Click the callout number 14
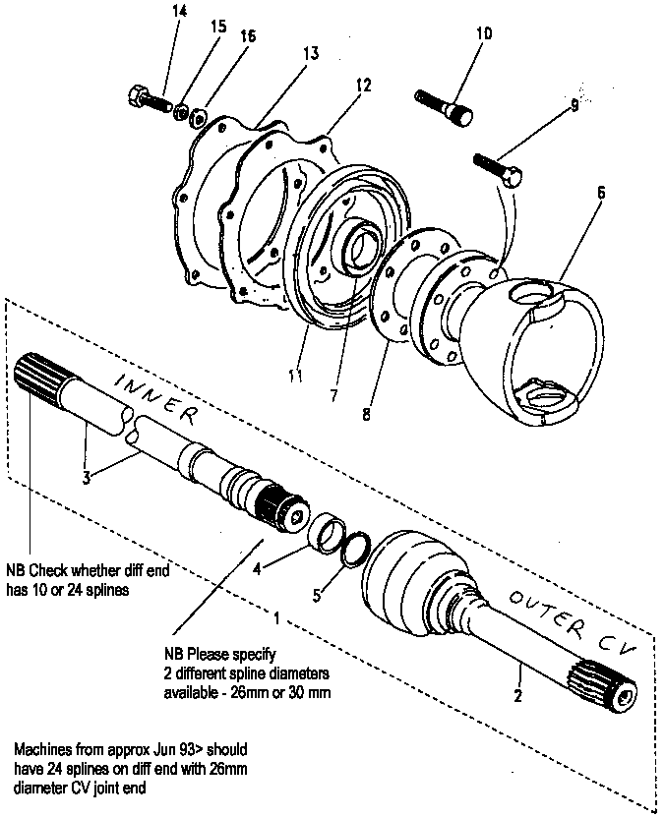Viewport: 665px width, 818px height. [178, 12]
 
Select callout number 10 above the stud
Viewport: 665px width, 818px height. [484, 33]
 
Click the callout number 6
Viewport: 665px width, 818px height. [601, 193]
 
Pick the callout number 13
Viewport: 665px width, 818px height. [311, 53]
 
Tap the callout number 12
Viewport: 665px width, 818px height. [363, 85]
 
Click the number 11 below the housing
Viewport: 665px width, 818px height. [295, 376]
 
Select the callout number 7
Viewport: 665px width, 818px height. [334, 396]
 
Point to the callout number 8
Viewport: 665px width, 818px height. [366, 414]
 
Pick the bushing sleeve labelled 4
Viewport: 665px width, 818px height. [326, 531]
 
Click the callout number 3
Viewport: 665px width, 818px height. [87, 476]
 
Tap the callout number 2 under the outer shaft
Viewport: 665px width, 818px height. [517, 695]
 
